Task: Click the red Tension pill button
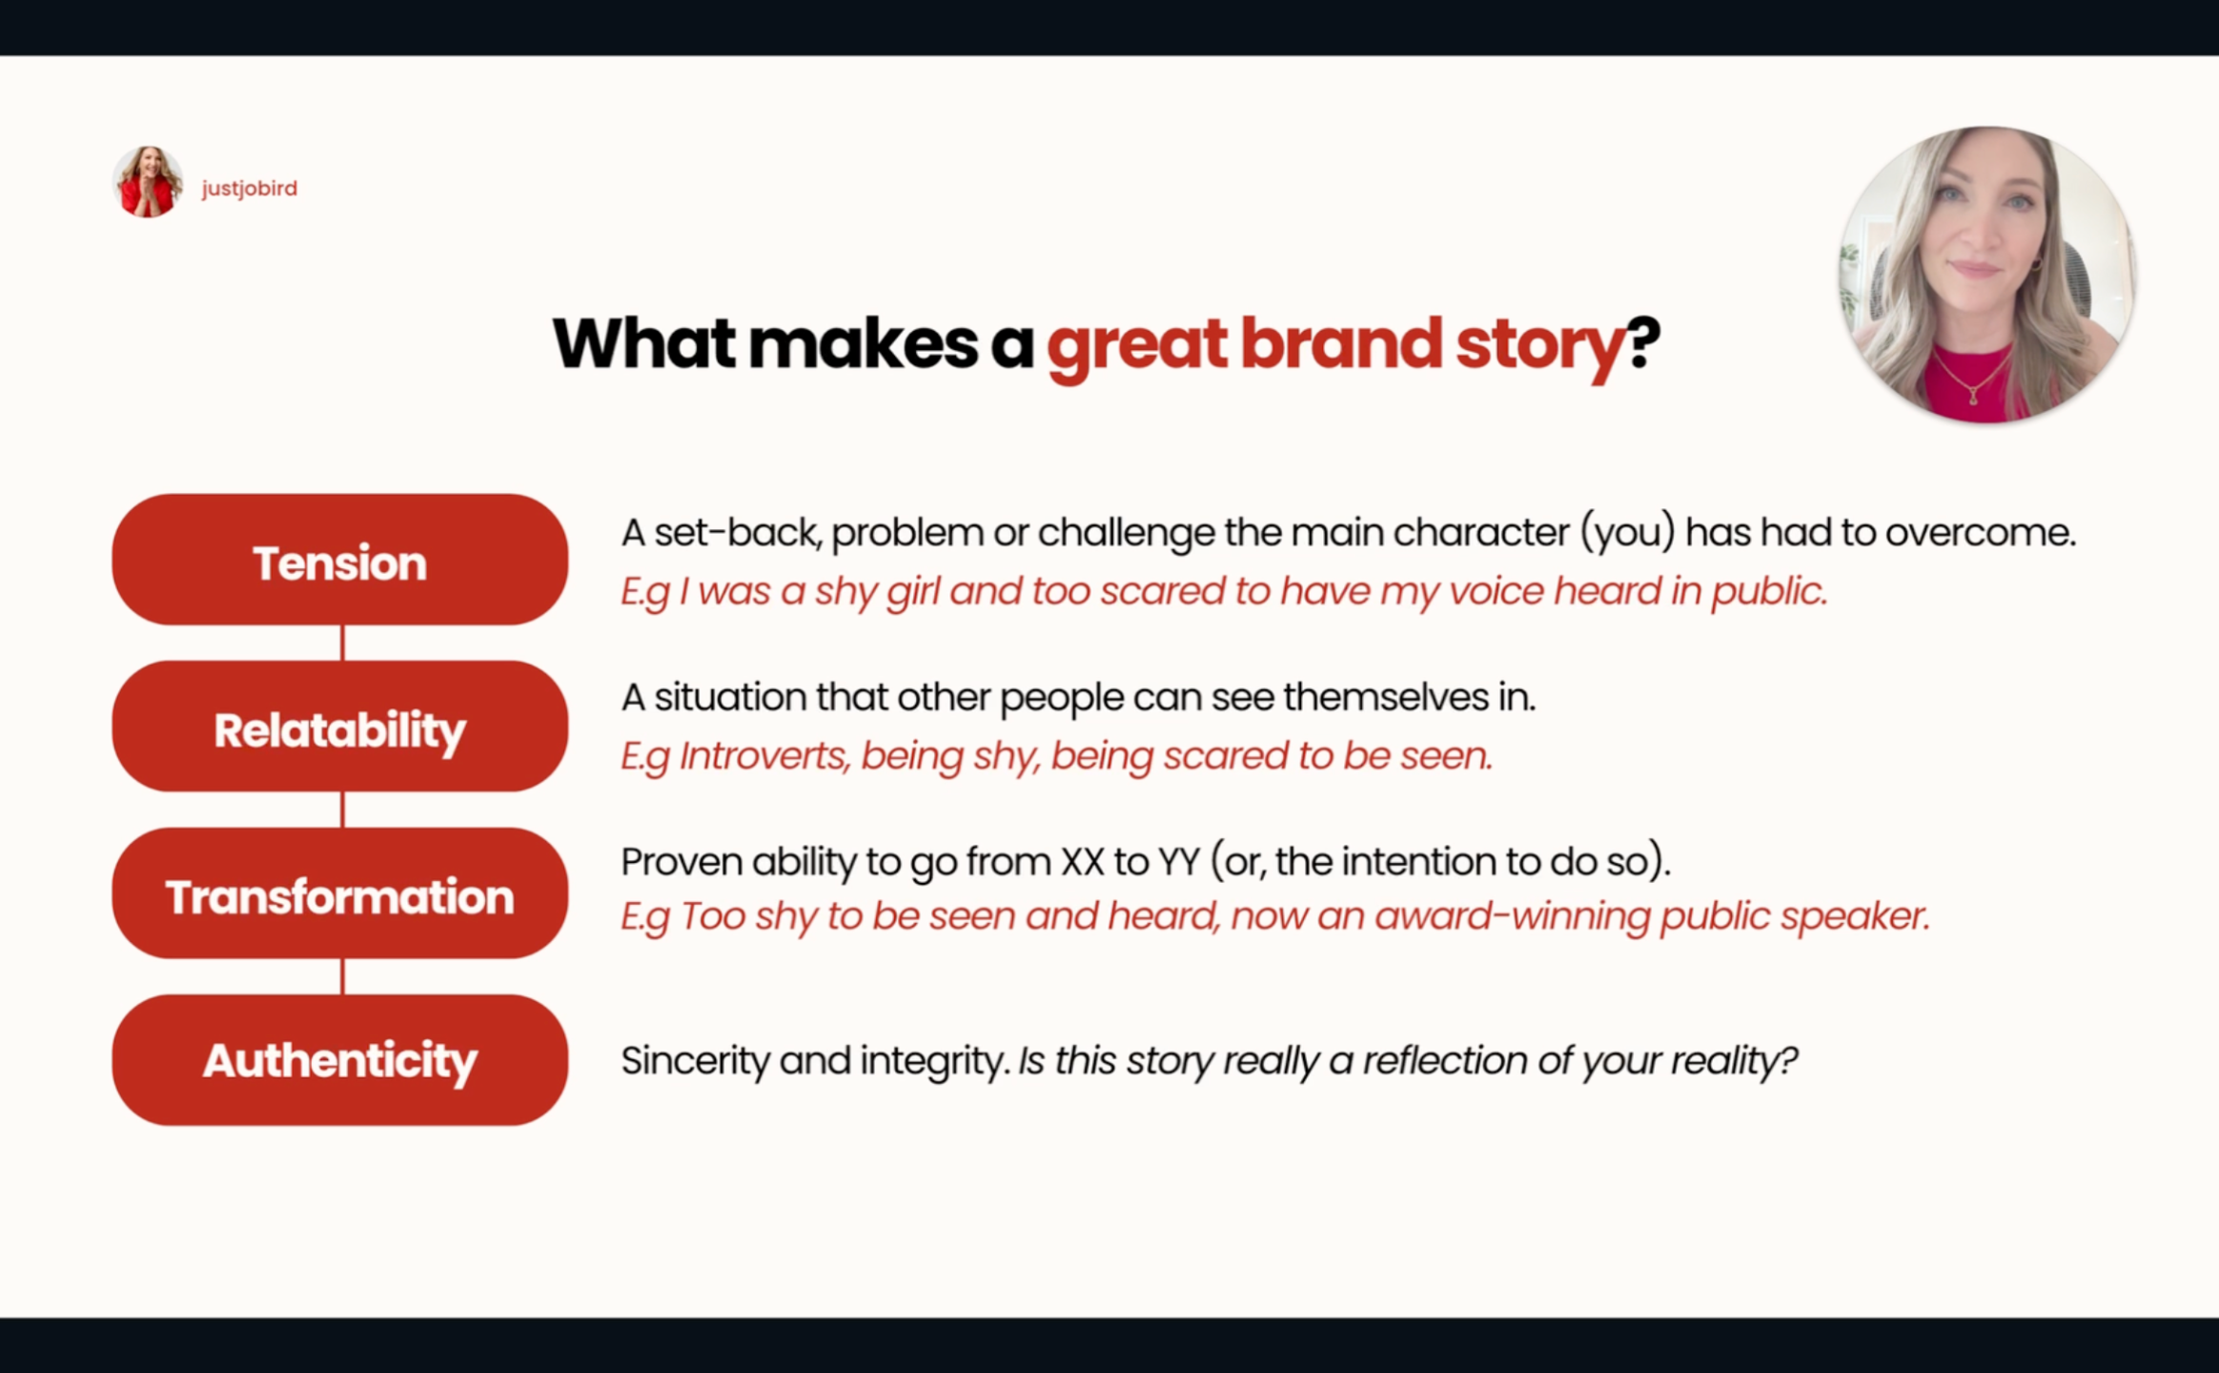[x=340, y=560]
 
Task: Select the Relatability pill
[x=340, y=727]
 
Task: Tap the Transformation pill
[x=340, y=893]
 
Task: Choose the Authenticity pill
[x=340, y=1060]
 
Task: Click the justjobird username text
[x=250, y=189]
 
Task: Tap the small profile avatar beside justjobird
[x=148, y=182]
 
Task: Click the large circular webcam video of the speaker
[x=1987, y=275]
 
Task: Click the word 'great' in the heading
[x=1137, y=346]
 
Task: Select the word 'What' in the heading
[x=644, y=343]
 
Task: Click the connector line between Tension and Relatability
[x=342, y=643]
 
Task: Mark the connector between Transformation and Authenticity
[x=342, y=976]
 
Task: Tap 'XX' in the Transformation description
[x=1083, y=862]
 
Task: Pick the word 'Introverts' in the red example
[x=764, y=756]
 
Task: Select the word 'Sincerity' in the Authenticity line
[x=696, y=1061]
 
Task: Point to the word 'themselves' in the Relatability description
[x=1386, y=697]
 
